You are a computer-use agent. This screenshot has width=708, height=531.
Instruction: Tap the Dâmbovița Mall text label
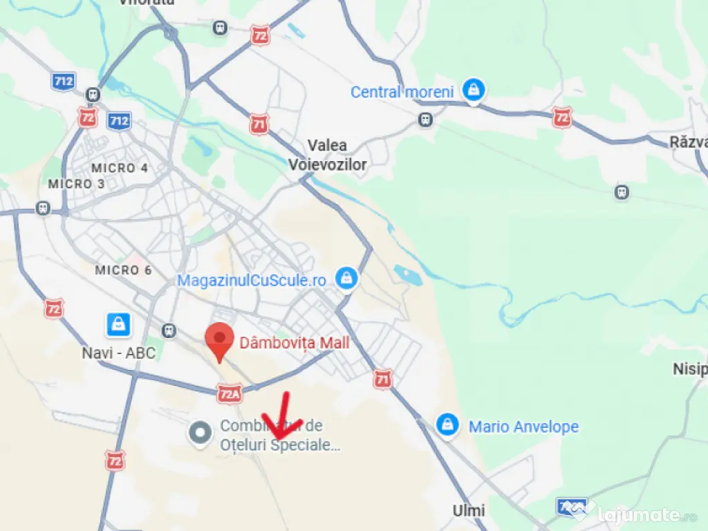pyautogui.click(x=295, y=343)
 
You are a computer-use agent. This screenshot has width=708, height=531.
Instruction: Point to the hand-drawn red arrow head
pyautogui.click(x=280, y=433)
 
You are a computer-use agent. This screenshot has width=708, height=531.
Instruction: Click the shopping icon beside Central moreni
pyautogui.click(x=474, y=91)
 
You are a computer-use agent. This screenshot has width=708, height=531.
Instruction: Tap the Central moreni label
pyautogui.click(x=402, y=92)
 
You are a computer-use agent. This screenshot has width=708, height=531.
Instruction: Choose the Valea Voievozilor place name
pyautogui.click(x=337, y=155)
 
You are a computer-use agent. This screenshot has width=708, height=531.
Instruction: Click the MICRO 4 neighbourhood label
pyautogui.click(x=120, y=168)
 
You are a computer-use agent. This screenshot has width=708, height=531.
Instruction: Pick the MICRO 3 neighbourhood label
pyautogui.click(x=76, y=184)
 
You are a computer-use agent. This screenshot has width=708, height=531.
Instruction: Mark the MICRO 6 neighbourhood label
pyautogui.click(x=123, y=270)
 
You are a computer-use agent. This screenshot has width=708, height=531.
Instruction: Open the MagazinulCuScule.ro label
pyautogui.click(x=252, y=281)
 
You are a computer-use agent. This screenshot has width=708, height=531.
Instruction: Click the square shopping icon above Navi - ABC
pyautogui.click(x=119, y=324)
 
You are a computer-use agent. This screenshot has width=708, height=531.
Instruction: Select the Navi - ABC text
pyautogui.click(x=119, y=353)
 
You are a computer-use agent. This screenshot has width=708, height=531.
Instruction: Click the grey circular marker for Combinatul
pyautogui.click(x=201, y=434)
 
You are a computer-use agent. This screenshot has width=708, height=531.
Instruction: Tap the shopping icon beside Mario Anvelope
pyautogui.click(x=447, y=425)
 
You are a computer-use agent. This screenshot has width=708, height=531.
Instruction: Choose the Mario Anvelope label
pyautogui.click(x=523, y=427)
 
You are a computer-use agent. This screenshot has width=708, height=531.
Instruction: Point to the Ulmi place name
pyautogui.click(x=469, y=511)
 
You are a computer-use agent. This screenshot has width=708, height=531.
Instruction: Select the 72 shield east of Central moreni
pyautogui.click(x=562, y=117)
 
